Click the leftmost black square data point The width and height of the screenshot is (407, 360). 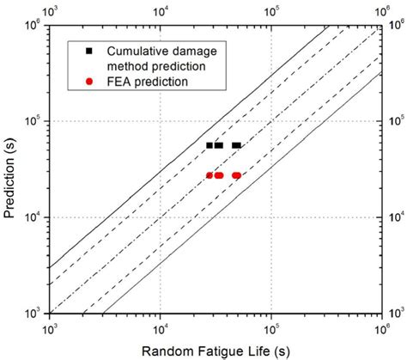pyautogui.click(x=210, y=145)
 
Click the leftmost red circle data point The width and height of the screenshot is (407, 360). pyautogui.click(x=210, y=175)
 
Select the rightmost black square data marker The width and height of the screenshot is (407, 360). pyautogui.click(x=238, y=145)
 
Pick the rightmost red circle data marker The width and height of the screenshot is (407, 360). pyautogui.click(x=238, y=175)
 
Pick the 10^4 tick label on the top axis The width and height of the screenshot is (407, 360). pyautogui.click(x=160, y=10)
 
